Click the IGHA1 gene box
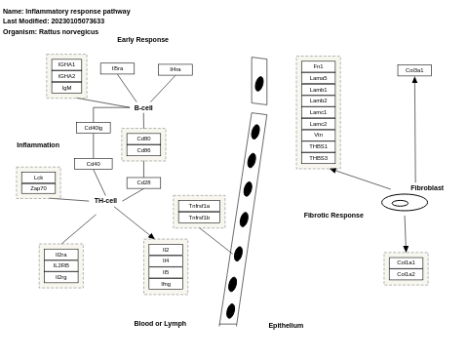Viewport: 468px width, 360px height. point(66,64)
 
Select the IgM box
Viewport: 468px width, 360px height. point(66,88)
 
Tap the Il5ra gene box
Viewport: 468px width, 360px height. point(117,68)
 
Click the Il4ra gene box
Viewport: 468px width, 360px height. point(175,69)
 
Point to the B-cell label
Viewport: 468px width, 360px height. point(143,107)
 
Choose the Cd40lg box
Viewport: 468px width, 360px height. point(94,128)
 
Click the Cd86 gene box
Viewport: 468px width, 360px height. point(143,150)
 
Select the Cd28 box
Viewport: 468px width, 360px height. point(143,182)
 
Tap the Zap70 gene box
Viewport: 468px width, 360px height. point(38,188)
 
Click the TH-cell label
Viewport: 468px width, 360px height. point(105,200)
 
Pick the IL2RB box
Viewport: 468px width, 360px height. point(60,265)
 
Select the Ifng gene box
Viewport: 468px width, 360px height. point(166,284)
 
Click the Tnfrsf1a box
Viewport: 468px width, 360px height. point(199,206)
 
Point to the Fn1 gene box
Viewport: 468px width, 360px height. point(318,66)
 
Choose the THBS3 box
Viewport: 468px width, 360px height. point(318,158)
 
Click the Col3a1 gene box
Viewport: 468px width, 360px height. point(414,70)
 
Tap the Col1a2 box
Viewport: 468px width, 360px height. point(406,274)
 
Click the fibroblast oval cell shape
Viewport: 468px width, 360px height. point(404,203)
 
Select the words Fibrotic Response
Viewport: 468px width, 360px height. point(333,215)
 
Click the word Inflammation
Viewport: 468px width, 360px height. point(38,144)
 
